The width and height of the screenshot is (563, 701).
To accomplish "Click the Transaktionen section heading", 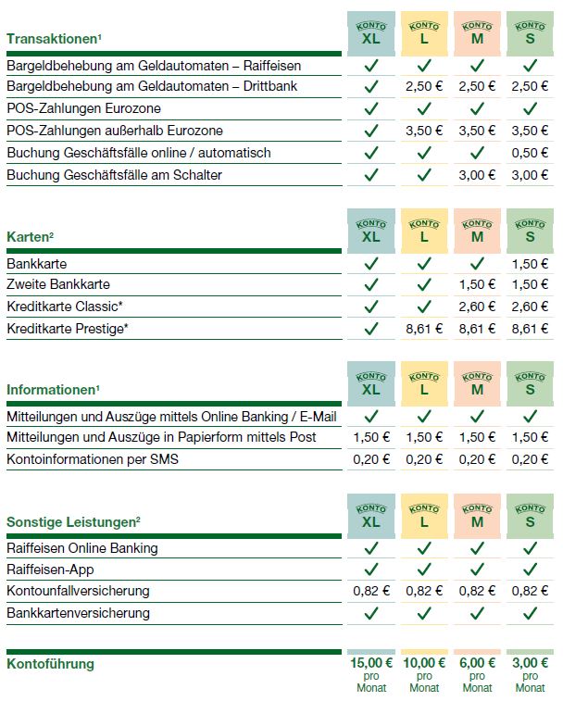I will pos(52,39).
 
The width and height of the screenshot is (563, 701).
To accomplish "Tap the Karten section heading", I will pos(31,238).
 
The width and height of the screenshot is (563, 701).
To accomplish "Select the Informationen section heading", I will pos(52,390).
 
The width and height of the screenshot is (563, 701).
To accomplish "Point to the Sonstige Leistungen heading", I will pos(73,521).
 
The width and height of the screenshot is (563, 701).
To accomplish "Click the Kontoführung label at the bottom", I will pos(50,664).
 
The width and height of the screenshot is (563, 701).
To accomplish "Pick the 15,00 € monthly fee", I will pos(370,664).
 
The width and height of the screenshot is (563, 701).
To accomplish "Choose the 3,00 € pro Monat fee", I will pos(531,664).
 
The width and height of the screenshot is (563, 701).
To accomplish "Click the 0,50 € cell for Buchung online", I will pos(531,153).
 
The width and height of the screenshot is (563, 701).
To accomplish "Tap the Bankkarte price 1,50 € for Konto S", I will pos(531,264).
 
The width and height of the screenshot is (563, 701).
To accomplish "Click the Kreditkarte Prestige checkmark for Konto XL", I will pos(371,328).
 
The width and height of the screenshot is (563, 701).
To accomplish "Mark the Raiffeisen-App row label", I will pos(50,570).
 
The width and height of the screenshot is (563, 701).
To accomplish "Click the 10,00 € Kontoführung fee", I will pos(424,664).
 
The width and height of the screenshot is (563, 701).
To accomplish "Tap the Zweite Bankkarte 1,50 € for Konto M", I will pos(478,285).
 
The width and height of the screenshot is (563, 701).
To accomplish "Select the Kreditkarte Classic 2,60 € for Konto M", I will pos(478,307).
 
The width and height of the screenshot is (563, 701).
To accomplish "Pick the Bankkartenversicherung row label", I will pos(78,612).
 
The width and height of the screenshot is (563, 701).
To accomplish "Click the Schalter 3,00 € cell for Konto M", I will pos(478,174).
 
